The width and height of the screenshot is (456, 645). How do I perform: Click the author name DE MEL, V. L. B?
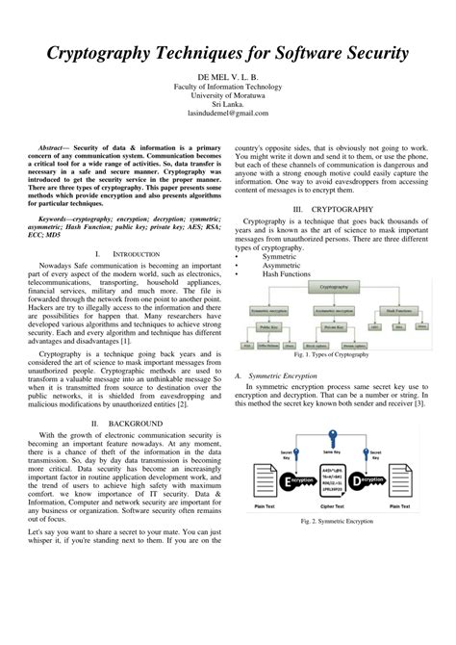tap(227, 74)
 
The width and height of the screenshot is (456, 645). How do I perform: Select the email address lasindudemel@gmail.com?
tap(227, 113)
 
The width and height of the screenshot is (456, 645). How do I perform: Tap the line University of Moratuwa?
tap(227, 93)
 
